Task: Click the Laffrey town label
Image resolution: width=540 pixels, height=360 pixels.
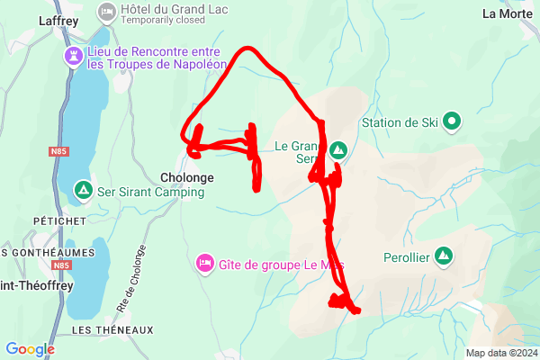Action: point(60,19)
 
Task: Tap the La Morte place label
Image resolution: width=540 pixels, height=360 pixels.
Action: point(508,13)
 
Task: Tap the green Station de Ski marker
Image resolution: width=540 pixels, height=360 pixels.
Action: point(452,121)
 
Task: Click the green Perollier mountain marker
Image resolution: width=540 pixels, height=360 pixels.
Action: point(443,255)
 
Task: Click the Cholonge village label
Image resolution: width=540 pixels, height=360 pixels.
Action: point(187,177)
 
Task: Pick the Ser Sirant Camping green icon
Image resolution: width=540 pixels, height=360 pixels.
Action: point(83,189)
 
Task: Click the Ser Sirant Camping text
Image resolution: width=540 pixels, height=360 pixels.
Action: point(150,192)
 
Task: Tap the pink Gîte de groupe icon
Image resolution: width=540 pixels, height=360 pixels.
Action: point(204,263)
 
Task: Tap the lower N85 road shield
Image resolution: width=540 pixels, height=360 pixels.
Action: point(61,266)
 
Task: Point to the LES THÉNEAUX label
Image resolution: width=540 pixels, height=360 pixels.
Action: point(100,330)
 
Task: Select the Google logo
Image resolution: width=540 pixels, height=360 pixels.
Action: point(30,349)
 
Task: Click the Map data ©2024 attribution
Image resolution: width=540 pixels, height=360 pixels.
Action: point(500,353)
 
